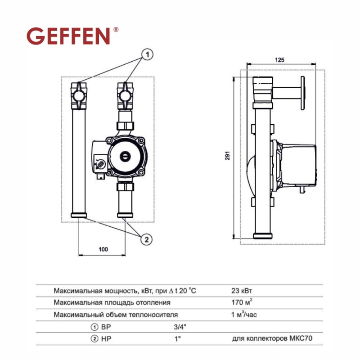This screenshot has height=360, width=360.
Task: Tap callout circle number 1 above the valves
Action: (148, 54)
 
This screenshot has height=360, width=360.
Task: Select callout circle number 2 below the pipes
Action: (147, 240)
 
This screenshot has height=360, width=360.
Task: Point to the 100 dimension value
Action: (103, 249)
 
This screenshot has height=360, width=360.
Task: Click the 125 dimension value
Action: (279, 60)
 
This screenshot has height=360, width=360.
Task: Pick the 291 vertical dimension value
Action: (228, 156)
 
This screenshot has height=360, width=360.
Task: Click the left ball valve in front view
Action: (79, 96)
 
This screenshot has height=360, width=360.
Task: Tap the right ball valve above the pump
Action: (126, 96)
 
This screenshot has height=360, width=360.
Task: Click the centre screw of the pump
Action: (126, 157)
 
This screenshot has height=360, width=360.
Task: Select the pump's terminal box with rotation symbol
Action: (100, 162)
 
